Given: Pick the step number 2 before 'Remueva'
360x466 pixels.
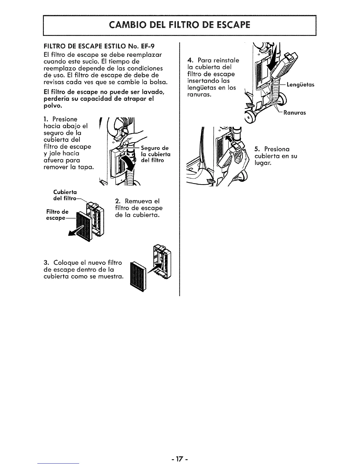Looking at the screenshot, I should (x=117, y=201).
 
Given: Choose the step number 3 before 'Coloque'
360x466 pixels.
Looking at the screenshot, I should (x=45, y=263).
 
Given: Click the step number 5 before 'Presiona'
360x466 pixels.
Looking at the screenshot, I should (x=257, y=149).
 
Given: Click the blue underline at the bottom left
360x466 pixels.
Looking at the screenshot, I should (x=59, y=464).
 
